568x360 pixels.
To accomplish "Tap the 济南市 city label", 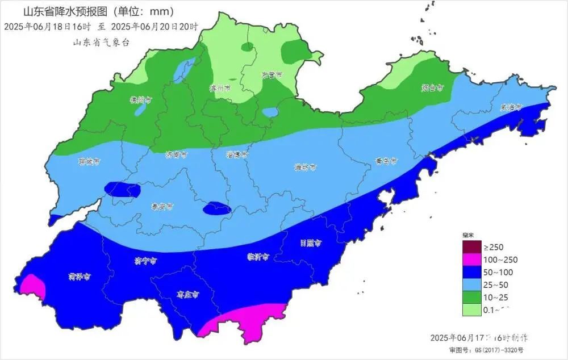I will click(x=176, y=154).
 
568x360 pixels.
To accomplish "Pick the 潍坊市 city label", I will click(x=305, y=168).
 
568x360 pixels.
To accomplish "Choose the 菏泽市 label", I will click(x=80, y=277).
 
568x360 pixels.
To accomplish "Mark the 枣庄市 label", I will click(x=187, y=295).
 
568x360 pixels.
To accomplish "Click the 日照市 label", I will click(x=311, y=243).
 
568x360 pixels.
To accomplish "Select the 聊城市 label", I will click(x=89, y=161).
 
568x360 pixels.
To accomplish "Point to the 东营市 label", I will click(x=272, y=74).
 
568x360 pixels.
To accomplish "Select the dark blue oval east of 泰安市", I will click(x=217, y=208).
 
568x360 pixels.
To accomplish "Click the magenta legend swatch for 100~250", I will click(x=470, y=260).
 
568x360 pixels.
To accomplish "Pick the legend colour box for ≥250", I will click(x=470, y=247).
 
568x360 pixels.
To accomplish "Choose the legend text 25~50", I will click(x=496, y=285).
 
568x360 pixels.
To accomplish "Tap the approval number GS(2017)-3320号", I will click(x=500, y=350).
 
